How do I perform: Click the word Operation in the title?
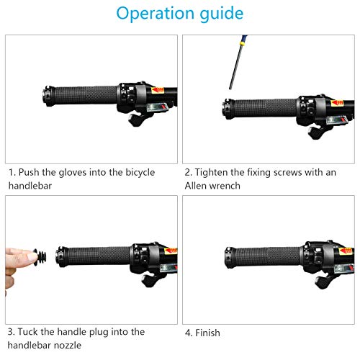coord(156,14)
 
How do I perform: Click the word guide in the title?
coord(222,14)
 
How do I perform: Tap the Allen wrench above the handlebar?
coord(238,63)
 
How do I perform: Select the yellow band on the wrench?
coord(243,44)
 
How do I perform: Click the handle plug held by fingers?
coord(40,257)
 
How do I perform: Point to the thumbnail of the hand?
coord(32,257)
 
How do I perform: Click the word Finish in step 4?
coord(207,333)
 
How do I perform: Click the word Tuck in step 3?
coord(28,332)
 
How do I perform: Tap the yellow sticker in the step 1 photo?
coord(158,90)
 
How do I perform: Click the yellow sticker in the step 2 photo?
coord(337,103)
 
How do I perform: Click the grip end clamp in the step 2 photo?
coord(228,109)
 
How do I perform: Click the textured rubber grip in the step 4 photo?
coord(269,256)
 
